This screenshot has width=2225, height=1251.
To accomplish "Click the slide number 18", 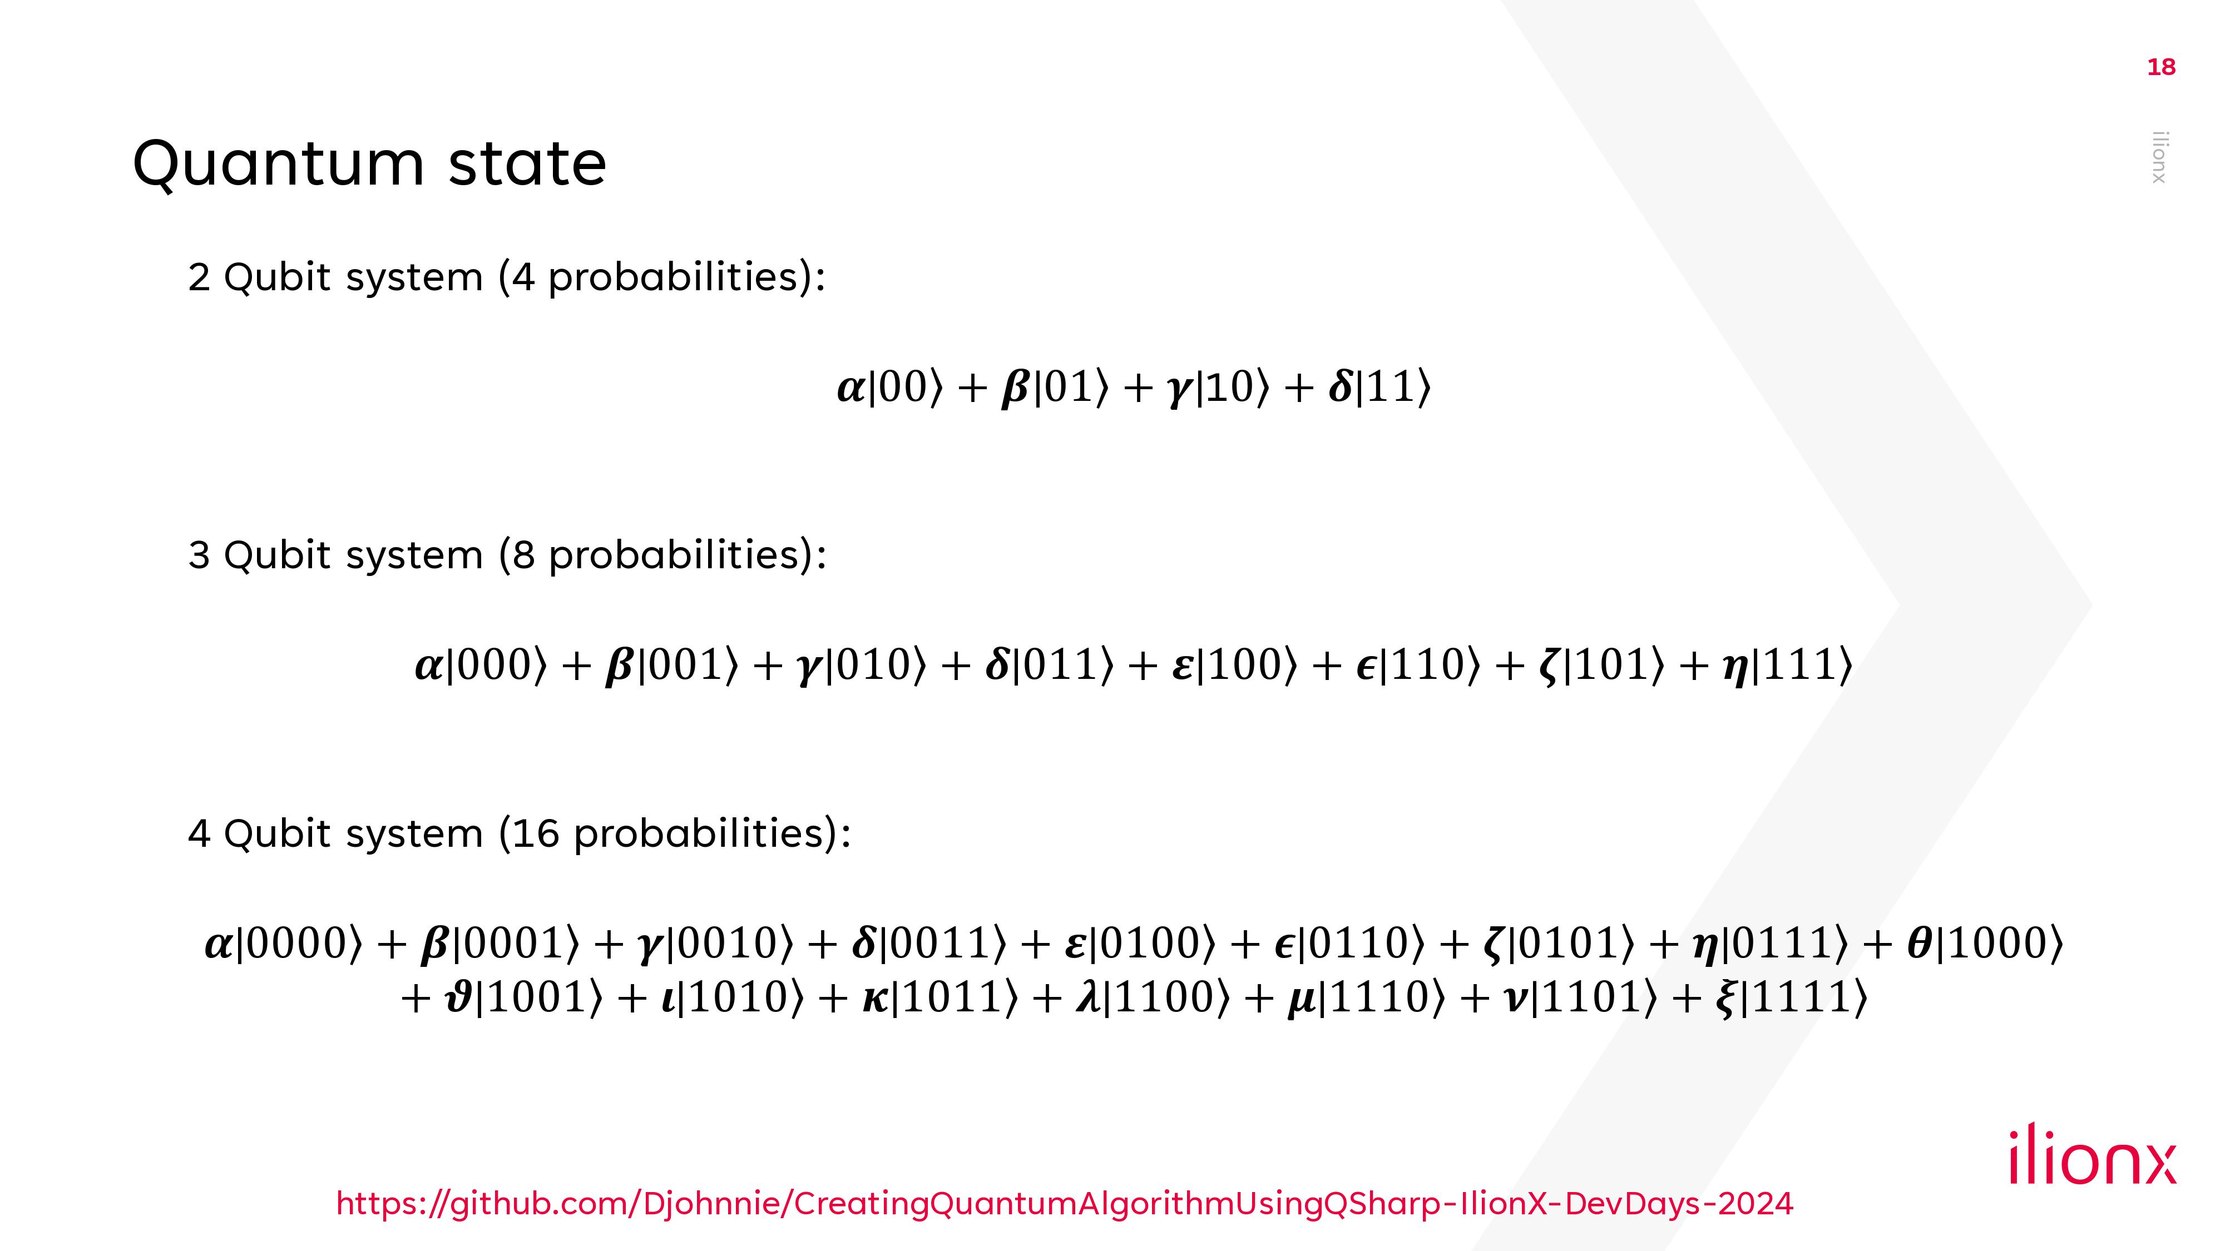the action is click(2161, 67).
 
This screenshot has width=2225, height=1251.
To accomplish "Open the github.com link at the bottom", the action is click(1064, 1204).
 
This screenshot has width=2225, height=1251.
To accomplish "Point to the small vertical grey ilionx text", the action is click(2159, 157).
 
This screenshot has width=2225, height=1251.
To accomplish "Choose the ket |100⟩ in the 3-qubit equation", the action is click(1247, 665).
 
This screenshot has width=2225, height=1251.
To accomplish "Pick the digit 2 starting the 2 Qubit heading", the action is click(199, 278).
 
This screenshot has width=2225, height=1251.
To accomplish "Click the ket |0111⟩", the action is click(1784, 943).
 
